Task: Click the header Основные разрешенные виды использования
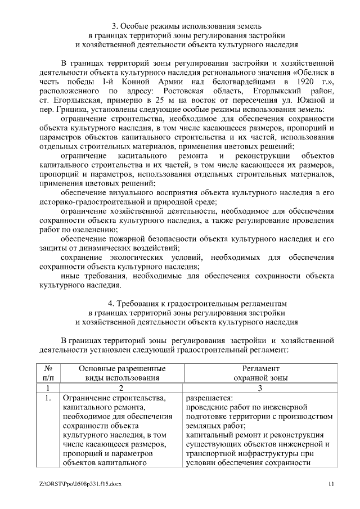(118, 373)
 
